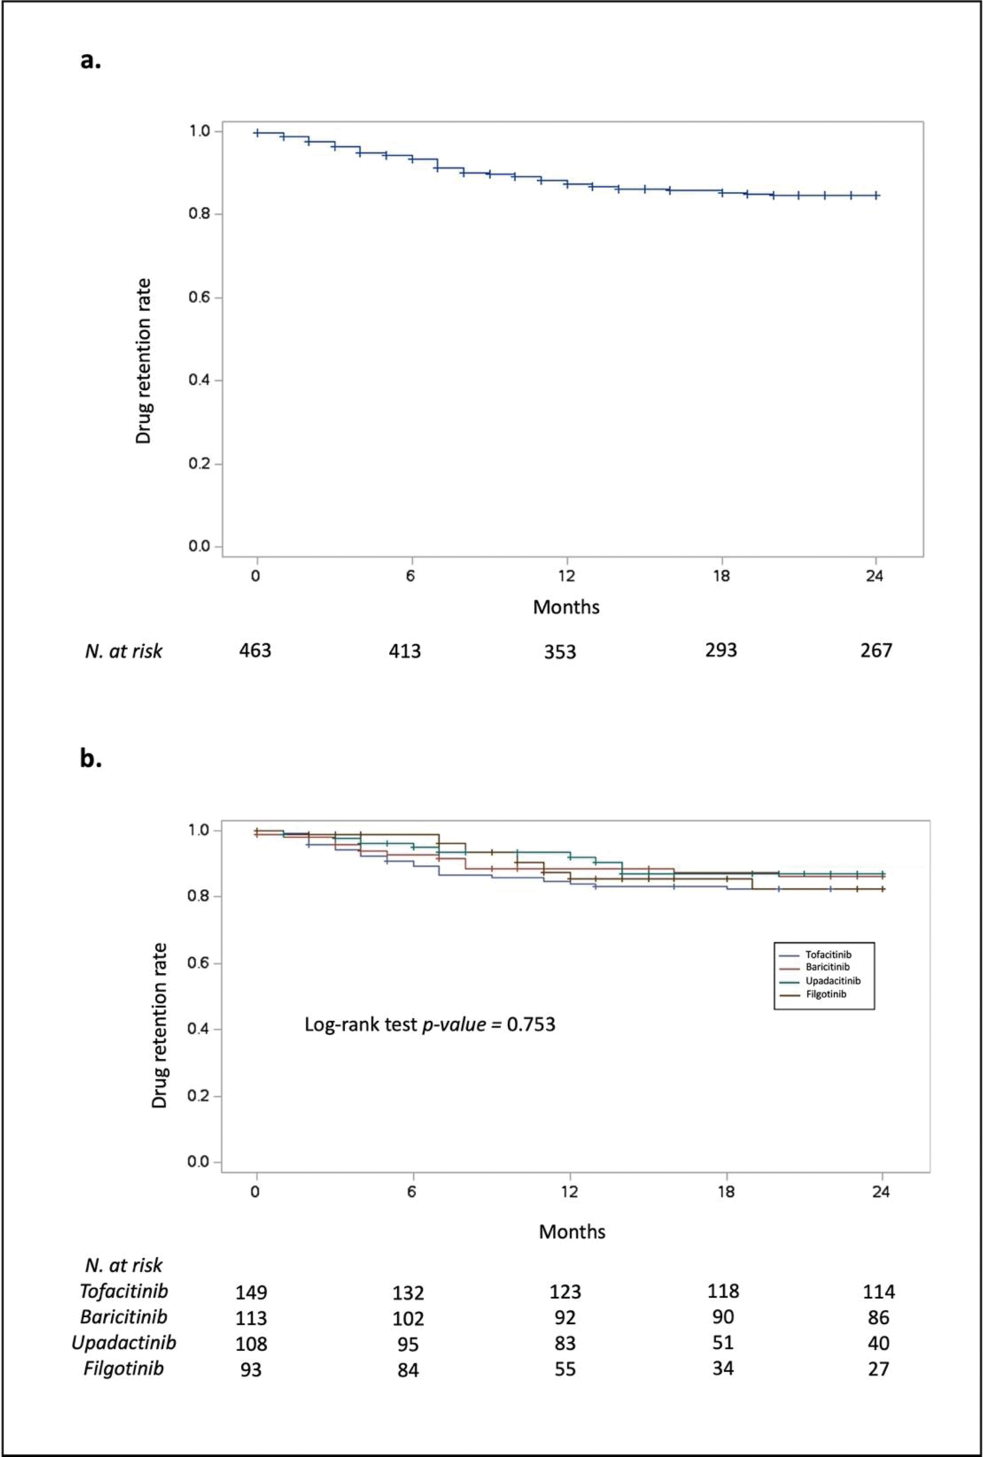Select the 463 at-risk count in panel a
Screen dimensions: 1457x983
tap(255, 650)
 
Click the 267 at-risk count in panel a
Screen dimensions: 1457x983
tap(876, 650)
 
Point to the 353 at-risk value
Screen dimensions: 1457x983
tap(560, 652)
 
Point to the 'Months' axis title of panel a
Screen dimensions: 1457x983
tap(566, 607)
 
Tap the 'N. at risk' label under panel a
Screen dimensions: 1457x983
tap(123, 651)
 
